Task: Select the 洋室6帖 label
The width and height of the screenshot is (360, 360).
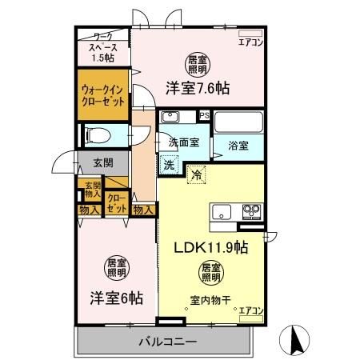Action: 116,298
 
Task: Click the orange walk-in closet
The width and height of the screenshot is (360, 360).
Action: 103,102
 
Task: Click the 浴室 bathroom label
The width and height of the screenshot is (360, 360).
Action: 238,146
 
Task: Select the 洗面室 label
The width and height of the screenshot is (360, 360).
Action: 182,143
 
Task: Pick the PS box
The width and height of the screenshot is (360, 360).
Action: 204,115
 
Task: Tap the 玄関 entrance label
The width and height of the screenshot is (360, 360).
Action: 102,163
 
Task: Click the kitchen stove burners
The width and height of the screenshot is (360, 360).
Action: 250,212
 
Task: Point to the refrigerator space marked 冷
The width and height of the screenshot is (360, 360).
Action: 197,171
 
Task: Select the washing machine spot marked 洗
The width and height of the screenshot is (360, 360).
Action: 169,166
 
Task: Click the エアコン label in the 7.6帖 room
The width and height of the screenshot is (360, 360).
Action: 250,42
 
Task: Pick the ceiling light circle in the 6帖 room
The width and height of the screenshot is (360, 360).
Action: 116,267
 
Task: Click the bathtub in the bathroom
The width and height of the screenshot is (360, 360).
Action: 239,123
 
